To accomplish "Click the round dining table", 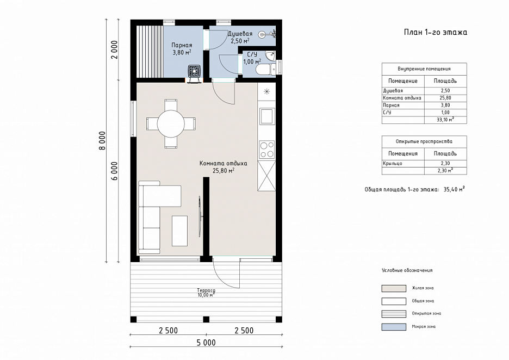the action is [x=171, y=123].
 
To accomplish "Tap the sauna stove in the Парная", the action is [x=194, y=71].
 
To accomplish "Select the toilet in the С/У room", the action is [x=265, y=70].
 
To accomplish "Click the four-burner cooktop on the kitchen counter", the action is [x=267, y=150].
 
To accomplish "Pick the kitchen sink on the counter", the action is [x=266, y=116].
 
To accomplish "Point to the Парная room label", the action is [x=182, y=45].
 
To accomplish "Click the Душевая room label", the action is [x=240, y=34].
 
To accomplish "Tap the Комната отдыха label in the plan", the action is [x=224, y=163].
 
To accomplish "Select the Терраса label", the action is [x=206, y=290].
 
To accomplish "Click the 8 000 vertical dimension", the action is [x=103, y=140].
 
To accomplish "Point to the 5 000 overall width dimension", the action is [x=206, y=343].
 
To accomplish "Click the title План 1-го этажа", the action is [x=435, y=32].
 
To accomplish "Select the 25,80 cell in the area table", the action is [x=445, y=98].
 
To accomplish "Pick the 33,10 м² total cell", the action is [x=445, y=120].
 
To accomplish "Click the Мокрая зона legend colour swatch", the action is [x=394, y=327].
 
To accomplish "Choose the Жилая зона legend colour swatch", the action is [x=394, y=288].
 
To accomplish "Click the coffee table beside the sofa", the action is [x=179, y=231].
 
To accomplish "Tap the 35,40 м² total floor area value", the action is [x=454, y=189].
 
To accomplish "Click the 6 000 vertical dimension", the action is [x=115, y=171].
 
